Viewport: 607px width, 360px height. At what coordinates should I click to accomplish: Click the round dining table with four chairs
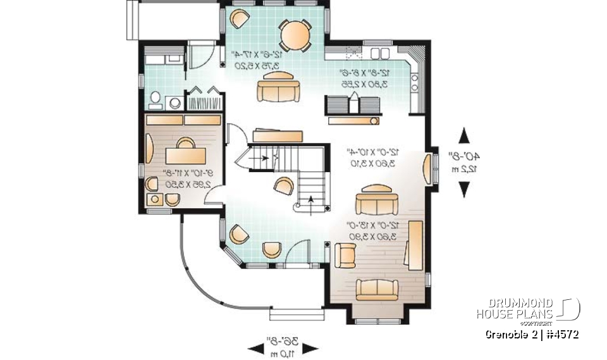(x=295, y=35)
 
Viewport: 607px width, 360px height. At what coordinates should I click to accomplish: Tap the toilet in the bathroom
(x=155, y=99)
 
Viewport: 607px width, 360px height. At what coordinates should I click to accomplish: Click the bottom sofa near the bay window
(x=377, y=288)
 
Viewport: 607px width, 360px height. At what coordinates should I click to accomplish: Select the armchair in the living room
(x=345, y=255)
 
